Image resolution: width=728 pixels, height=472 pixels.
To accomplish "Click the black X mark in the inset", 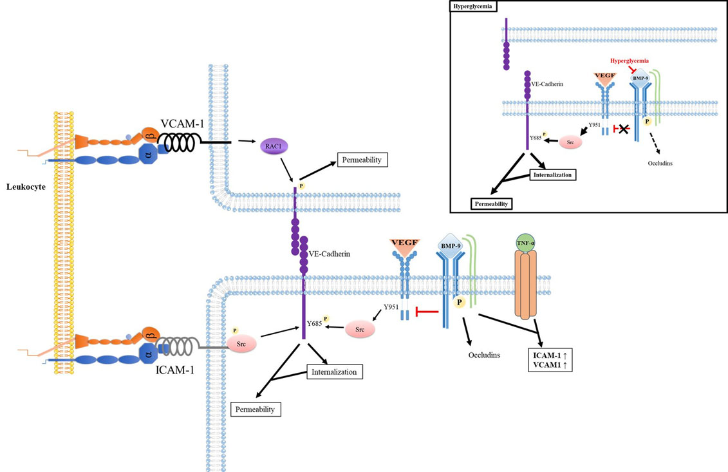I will tap(623, 129).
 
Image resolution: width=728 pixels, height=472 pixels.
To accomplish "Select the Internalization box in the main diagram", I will tap(334, 372).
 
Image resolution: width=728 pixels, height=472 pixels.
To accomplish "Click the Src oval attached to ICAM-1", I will tap(241, 343).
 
